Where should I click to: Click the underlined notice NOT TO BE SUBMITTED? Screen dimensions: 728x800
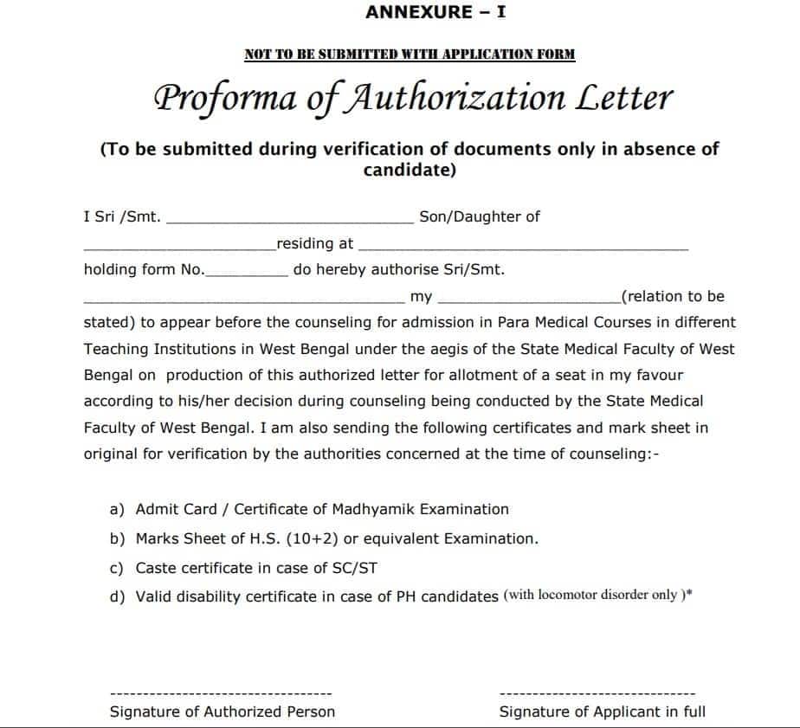[x=410, y=55]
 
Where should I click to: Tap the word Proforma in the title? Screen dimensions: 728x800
[x=227, y=98]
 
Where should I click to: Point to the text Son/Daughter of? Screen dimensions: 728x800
[x=479, y=216]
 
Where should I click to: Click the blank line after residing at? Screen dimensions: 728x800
[x=523, y=248]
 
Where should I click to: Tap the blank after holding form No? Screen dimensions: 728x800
[x=247, y=273]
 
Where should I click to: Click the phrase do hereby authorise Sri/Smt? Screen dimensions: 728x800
[x=398, y=269]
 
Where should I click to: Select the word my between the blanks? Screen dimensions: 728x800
[x=421, y=296]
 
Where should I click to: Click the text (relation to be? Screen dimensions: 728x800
[x=673, y=296]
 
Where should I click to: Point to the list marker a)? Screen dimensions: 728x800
[x=118, y=509]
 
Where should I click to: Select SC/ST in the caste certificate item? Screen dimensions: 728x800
[x=355, y=568]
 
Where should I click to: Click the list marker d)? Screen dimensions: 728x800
[x=118, y=597]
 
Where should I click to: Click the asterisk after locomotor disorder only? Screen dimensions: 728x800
[x=689, y=594]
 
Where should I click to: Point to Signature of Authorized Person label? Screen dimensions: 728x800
[x=223, y=712]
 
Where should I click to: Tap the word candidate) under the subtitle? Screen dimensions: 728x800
[x=410, y=170]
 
